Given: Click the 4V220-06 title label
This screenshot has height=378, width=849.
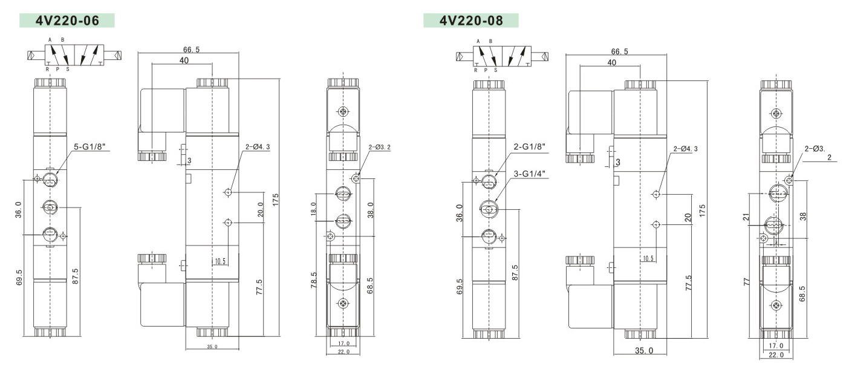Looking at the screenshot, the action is (67, 21).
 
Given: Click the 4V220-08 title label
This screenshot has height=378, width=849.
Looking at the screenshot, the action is (471, 21).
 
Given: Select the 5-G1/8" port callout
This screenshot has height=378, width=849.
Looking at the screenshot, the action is (88, 147).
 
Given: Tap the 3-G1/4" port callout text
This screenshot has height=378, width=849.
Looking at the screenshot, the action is (530, 174).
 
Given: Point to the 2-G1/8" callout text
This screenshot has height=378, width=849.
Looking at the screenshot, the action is (530, 146).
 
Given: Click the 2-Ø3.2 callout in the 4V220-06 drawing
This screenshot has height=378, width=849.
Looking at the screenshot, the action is (379, 147).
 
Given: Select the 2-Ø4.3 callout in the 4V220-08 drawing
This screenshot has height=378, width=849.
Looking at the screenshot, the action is (685, 149).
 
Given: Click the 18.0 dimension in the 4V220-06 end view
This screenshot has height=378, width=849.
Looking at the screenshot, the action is (313, 209).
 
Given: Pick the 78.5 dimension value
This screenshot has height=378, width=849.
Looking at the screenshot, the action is (314, 280).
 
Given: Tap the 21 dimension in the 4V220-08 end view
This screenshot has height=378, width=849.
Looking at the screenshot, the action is (746, 217).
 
